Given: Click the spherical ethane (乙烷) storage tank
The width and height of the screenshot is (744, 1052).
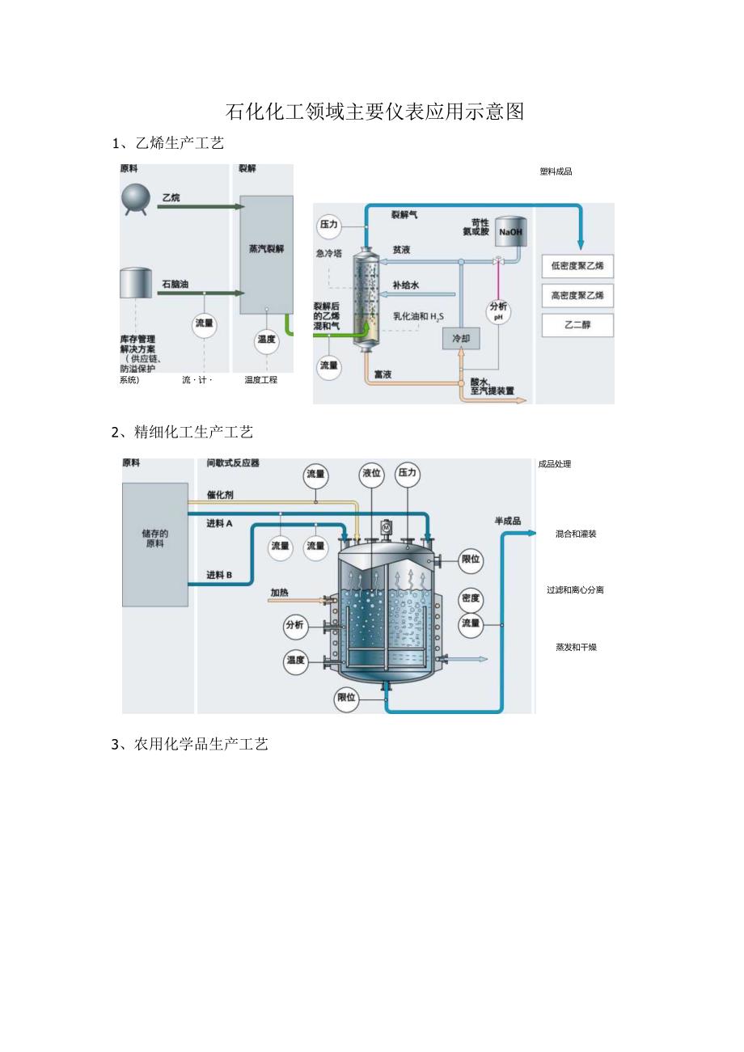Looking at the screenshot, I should [x=135, y=198].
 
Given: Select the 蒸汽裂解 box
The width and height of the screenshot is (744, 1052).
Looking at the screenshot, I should [x=266, y=250].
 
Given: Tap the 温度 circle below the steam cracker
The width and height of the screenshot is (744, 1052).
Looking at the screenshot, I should [x=266, y=340].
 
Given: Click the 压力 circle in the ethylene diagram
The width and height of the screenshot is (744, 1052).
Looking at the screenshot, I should [x=328, y=225].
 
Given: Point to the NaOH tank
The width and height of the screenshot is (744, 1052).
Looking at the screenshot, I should [x=510, y=231].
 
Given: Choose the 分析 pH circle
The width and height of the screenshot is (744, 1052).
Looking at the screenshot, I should [x=498, y=311].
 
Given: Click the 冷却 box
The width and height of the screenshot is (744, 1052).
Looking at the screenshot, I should [x=461, y=338].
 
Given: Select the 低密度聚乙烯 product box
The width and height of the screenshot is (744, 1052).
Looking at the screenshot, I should [x=577, y=266].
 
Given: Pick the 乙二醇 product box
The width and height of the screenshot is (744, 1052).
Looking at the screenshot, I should [x=577, y=325].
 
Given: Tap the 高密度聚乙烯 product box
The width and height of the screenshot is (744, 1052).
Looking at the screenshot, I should [x=577, y=296].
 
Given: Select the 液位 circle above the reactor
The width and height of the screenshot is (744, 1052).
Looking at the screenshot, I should [x=371, y=474].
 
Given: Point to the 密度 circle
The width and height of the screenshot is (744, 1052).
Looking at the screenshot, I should [x=470, y=598].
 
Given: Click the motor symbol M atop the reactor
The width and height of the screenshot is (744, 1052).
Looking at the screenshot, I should [x=386, y=527].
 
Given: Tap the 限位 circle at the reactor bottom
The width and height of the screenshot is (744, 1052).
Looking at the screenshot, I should [x=346, y=698].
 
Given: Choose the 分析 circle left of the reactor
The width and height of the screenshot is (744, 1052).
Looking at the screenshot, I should [x=294, y=625].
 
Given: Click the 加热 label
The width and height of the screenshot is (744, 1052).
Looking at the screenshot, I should [x=279, y=593].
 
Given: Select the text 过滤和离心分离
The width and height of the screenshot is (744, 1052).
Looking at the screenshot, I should [x=575, y=590].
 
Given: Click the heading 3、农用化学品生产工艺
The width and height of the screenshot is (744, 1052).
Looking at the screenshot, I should [x=189, y=745].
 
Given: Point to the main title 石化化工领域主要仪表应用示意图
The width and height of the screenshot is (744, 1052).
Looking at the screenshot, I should [x=374, y=112].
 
